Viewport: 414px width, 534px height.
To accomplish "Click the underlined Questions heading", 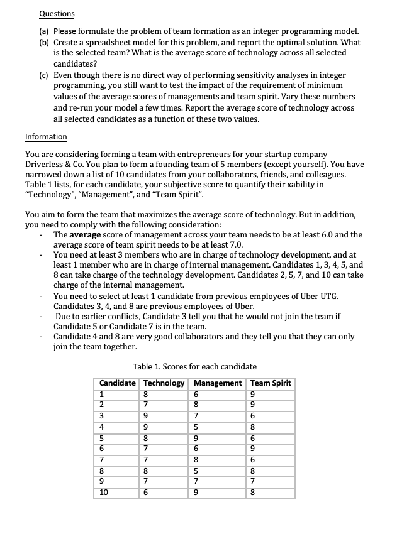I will [x=56, y=13].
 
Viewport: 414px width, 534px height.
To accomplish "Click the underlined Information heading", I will [x=46, y=136].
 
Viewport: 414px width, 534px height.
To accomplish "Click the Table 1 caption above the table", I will [x=195, y=366].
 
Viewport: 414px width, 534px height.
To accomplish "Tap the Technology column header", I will [x=165, y=383].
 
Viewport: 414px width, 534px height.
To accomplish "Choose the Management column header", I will [x=218, y=383].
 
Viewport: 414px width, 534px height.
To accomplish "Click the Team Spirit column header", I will [x=271, y=383].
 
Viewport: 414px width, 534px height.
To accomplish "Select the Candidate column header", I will [x=118, y=383].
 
